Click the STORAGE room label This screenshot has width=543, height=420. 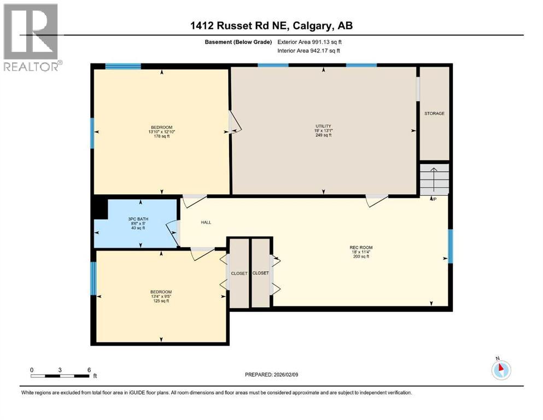point(434,114)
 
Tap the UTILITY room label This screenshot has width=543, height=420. point(323,126)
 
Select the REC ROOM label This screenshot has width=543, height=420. point(361,247)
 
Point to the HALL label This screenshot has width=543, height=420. point(206,223)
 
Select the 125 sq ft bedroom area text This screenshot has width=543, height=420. point(161,301)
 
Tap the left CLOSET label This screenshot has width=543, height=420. point(239,273)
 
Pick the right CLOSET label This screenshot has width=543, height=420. point(260,273)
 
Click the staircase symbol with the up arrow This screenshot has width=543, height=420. point(434,178)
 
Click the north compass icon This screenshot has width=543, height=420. point(500,370)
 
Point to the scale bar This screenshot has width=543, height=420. point(60,376)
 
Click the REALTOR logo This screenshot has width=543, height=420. point(32,38)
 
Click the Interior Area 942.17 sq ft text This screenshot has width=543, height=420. point(309,50)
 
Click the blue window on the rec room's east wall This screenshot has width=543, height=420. point(451,246)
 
